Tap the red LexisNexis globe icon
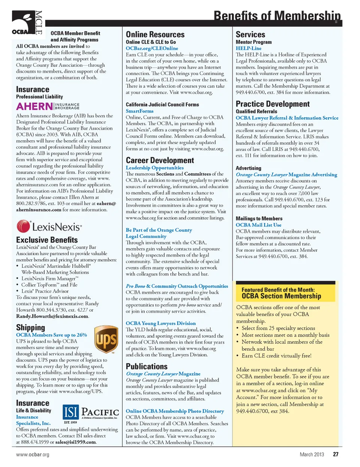[23, 227]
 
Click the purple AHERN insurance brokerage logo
[48, 106]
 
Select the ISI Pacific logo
[90, 413]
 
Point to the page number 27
[336, 454]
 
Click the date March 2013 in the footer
[312, 454]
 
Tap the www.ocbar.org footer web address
[33, 455]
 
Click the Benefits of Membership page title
[277, 16]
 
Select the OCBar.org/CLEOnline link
[152, 48]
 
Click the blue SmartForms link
[139, 111]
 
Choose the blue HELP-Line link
[248, 48]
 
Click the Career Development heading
[160, 160]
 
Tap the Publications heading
[147, 366]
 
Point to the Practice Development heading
[273, 104]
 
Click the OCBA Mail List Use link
[258, 225]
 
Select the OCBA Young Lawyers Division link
[160, 323]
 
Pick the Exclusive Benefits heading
[47, 240]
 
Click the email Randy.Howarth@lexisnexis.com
[52, 316]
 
